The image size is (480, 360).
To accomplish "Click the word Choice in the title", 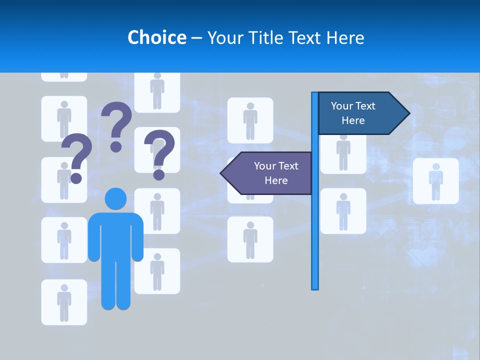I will pos(156,37).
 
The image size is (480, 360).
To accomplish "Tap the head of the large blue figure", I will pos(115,198).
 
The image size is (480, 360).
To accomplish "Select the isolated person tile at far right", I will pos(435,180).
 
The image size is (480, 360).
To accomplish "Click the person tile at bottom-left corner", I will pos(64,301).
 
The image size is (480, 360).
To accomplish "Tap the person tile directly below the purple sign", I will pos(250,239).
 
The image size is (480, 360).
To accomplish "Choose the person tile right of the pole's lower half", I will pos(343,210).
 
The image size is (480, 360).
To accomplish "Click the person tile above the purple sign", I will pos(250,120).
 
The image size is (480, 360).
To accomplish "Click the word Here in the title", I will pos(345,37).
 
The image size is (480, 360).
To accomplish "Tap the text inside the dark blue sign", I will pos(353,113).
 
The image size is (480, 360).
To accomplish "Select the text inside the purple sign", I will pos(276,173).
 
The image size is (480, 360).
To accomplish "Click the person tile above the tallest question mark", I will pos(157,91).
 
